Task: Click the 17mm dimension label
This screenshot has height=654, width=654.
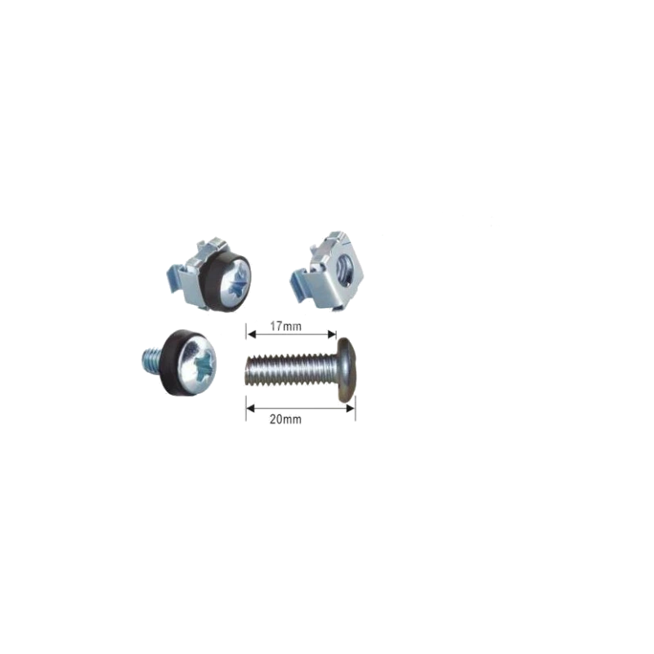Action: click(285, 326)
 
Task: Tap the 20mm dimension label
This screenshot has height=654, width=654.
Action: click(285, 419)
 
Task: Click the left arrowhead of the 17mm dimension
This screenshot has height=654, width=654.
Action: click(251, 334)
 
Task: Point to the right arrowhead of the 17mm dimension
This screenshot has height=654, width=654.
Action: click(332, 334)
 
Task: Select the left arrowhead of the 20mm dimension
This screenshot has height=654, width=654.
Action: click(250, 408)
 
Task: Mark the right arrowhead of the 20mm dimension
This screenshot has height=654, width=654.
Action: click(351, 408)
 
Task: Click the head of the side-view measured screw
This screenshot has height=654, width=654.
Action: click(347, 370)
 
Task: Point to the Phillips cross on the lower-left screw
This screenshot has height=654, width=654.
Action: click(206, 365)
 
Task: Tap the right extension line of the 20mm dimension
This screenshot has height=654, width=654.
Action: click(356, 408)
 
